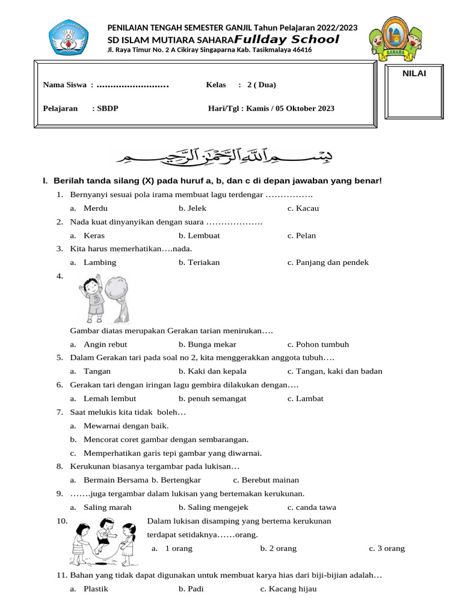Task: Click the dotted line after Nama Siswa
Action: [x=132, y=85]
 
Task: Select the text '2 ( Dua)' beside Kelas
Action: [x=261, y=85]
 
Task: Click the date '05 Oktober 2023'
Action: [x=305, y=109]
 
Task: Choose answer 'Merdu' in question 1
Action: [x=96, y=208]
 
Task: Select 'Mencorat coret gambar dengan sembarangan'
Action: [x=166, y=440]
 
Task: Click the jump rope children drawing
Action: [x=104, y=541]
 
